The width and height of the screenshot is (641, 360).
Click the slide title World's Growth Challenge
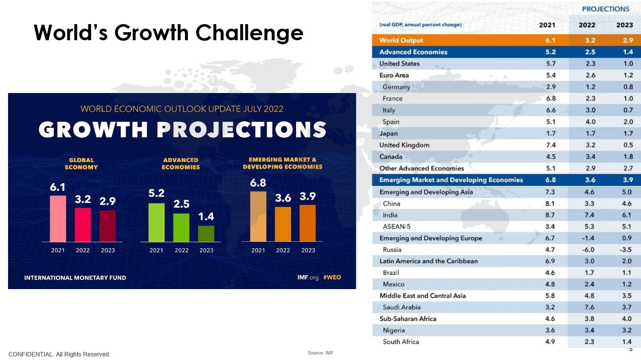click(x=168, y=33)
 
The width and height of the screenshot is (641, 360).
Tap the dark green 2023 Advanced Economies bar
click(x=206, y=233)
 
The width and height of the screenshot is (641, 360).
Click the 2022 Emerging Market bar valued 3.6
click(x=283, y=224)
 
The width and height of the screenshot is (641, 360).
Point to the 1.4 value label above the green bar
click(x=206, y=217)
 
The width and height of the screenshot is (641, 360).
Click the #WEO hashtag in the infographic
click(x=332, y=278)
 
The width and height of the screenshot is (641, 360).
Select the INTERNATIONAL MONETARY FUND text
click(x=75, y=278)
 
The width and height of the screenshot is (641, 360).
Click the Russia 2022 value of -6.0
click(x=588, y=249)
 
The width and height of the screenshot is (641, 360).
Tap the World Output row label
click(x=401, y=40)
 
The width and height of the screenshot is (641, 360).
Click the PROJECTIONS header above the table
click(x=605, y=9)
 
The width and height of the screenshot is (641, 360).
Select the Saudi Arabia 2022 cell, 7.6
click(x=588, y=307)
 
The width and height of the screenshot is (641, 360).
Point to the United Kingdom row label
click(x=404, y=145)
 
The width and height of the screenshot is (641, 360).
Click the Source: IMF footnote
click(x=320, y=353)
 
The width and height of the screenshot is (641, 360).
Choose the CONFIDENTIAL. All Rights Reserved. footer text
click(x=59, y=354)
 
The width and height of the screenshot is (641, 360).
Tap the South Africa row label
click(x=401, y=342)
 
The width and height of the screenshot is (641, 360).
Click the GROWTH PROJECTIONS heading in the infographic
click(x=182, y=130)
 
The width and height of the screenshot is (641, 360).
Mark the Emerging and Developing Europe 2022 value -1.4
click(x=588, y=238)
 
